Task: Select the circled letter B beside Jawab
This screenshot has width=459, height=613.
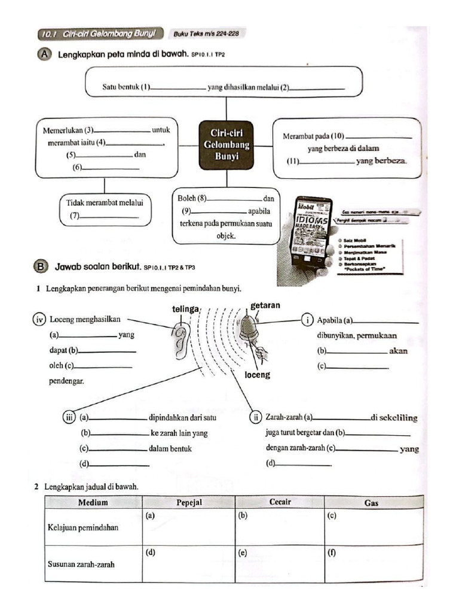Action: pos(41,266)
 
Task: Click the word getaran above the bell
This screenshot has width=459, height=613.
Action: pos(265,305)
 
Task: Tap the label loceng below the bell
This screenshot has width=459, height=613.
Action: pos(258,375)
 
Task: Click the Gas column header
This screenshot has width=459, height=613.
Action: pos(371,503)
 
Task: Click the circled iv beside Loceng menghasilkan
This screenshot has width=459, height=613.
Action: pos(40,319)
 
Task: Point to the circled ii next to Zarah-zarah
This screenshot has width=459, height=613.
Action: pos(256,417)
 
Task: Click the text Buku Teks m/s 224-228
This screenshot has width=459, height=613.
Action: pos(206,34)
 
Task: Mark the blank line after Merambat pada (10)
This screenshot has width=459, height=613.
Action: pos(380,138)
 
